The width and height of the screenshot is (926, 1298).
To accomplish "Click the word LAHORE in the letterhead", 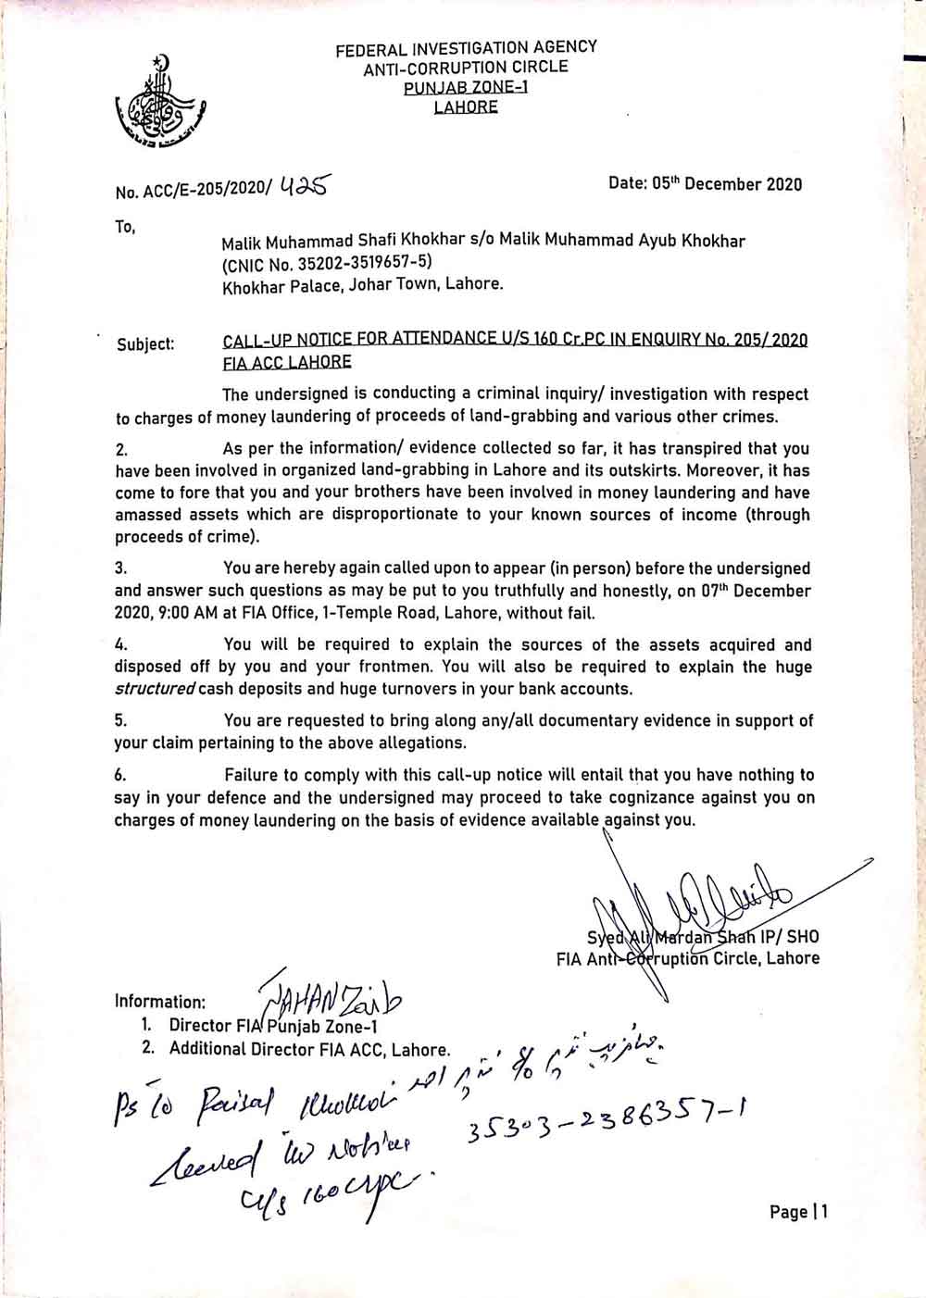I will [466, 106].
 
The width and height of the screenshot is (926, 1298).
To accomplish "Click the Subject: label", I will [145, 344].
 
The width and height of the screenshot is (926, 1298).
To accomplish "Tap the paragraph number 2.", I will [121, 450].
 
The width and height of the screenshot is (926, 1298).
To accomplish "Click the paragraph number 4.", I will [120, 645].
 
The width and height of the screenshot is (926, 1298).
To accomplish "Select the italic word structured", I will [155, 689].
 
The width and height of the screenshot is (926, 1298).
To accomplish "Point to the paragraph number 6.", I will [120, 775].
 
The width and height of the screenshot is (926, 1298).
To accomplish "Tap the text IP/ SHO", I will [789, 937].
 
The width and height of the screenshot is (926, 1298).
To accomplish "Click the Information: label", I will [159, 1001].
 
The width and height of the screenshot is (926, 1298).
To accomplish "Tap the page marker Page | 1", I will [798, 1212].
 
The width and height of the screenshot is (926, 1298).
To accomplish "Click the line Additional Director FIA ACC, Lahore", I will [309, 1049].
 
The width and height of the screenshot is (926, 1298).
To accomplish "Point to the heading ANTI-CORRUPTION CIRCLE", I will [466, 67].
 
